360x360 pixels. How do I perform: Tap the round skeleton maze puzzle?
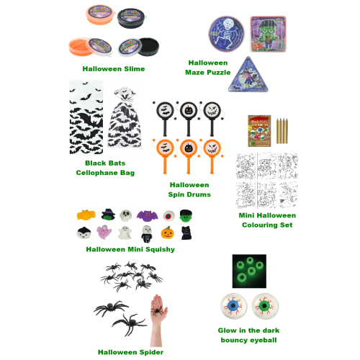227,34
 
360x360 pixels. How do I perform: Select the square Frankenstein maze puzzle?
269,34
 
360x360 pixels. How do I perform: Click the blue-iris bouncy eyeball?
233,306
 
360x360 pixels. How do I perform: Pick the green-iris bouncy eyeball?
265,306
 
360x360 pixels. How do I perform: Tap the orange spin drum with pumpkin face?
189,156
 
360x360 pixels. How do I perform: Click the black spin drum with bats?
165,118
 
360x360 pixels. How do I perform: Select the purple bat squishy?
147,216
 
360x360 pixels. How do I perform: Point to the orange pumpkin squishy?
168,233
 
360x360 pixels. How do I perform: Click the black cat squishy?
186,233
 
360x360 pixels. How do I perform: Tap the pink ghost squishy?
104,232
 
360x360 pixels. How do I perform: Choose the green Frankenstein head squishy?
186,215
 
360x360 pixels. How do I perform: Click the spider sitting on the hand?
158,311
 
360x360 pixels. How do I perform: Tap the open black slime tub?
139,47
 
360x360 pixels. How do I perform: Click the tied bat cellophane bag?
125,117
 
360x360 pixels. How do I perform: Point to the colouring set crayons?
282,130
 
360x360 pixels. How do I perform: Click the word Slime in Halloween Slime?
135,69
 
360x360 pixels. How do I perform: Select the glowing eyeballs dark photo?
249,271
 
